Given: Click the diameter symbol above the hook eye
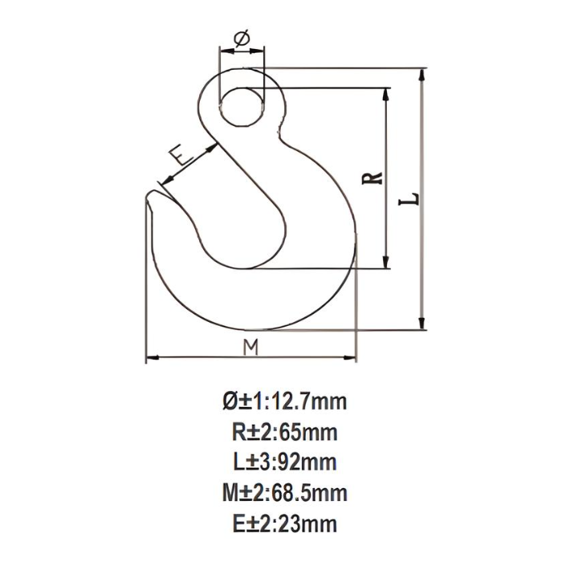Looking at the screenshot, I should coord(242,38).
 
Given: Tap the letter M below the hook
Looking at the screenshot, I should coord(251,346).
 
